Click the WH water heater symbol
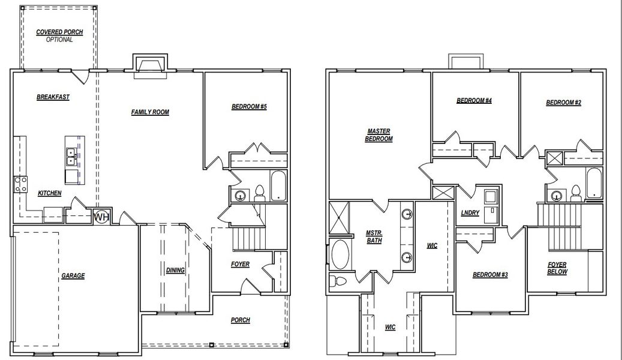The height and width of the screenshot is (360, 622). pyautogui.click(x=101, y=216)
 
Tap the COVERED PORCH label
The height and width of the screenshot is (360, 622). pyautogui.click(x=59, y=32)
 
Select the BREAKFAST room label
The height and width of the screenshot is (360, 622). pyautogui.click(x=53, y=97)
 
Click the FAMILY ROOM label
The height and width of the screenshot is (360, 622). pyautogui.click(x=150, y=112)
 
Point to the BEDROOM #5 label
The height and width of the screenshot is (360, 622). pyautogui.click(x=249, y=107)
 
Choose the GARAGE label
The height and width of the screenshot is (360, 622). pyautogui.click(x=73, y=276)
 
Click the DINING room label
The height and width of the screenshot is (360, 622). pyautogui.click(x=175, y=270)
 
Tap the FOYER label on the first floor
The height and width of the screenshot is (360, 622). pyautogui.click(x=240, y=264)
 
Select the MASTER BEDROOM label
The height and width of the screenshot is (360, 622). pyautogui.click(x=378, y=135)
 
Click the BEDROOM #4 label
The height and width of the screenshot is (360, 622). pyautogui.click(x=474, y=101)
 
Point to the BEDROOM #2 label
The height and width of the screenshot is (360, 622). pyautogui.click(x=563, y=103)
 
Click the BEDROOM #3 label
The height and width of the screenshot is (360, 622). pyautogui.click(x=490, y=275)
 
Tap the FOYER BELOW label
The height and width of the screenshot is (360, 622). pyautogui.click(x=557, y=268)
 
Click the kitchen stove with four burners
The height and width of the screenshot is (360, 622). pyautogui.click(x=20, y=184)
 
